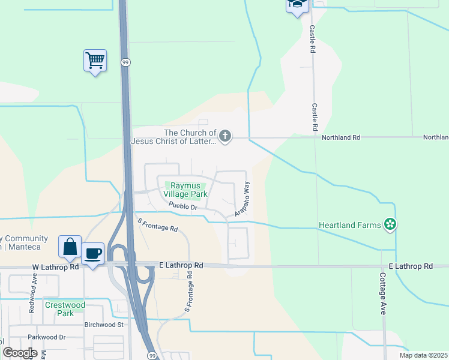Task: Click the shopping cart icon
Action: click(95, 60)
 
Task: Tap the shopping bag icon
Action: click(70, 247)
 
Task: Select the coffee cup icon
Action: click(93, 254)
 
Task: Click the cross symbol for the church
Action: click(225, 137)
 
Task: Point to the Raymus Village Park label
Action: click(185, 190)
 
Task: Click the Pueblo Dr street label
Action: click(183, 206)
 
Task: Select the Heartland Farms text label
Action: click(349, 225)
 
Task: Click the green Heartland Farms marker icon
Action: click(391, 225)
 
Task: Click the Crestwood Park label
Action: click(65, 309)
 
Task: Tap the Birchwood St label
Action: click(103, 325)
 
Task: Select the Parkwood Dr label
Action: click(46, 337)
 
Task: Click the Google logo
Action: click(20, 353)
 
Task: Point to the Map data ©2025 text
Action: click(423, 355)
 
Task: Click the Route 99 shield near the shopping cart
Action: click(125, 62)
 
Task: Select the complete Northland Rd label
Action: click(340, 137)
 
